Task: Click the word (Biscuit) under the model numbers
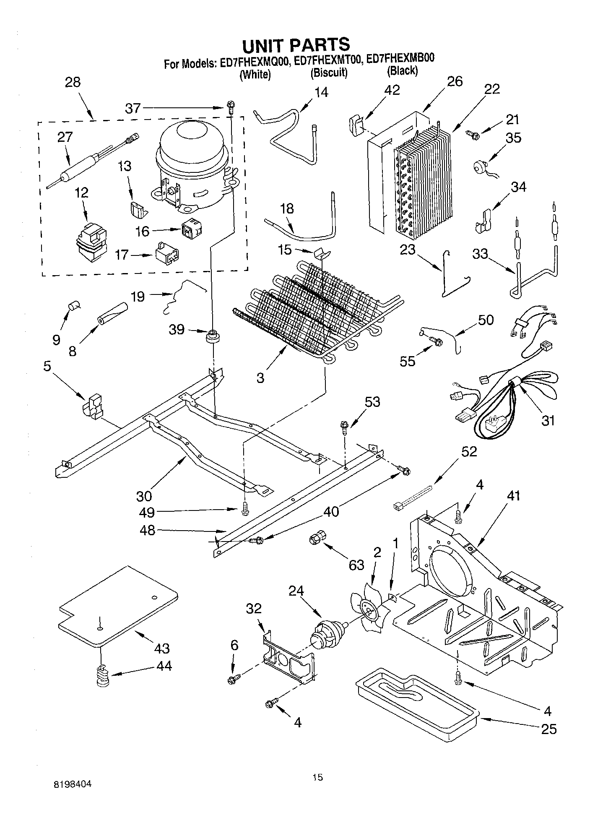pyautogui.click(x=329, y=73)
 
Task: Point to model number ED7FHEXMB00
pyautogui.click(x=400, y=59)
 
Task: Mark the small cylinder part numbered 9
pyautogui.click(x=75, y=305)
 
